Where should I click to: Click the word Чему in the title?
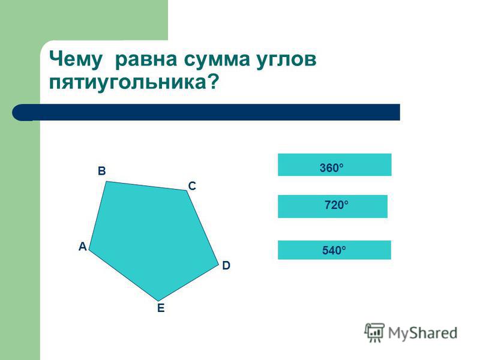point(76,59)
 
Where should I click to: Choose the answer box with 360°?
point(335,164)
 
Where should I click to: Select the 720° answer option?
point(333,206)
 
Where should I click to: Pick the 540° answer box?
point(334,250)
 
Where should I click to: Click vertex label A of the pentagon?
point(83,247)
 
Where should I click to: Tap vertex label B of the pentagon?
point(101,171)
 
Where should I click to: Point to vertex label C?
point(192,186)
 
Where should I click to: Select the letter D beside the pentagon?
point(226,265)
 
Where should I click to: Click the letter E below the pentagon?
point(161,308)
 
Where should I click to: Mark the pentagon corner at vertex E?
point(158,301)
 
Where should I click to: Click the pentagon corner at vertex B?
point(106,182)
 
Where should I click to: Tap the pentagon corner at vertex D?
point(218,265)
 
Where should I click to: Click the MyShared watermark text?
point(423,333)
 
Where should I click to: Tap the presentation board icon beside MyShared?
point(374,332)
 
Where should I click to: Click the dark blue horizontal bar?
point(206,112)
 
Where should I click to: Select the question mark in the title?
point(214,82)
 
